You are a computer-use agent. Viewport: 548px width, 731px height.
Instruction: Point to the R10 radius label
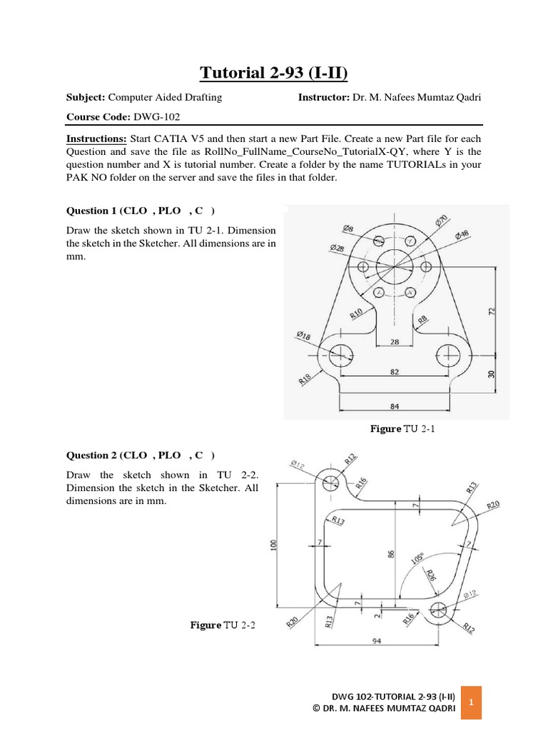point(357,313)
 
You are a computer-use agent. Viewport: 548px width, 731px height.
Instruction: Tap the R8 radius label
point(422,321)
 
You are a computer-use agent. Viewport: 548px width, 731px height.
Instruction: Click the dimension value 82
point(395,371)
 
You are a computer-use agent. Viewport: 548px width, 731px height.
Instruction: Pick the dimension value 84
point(395,405)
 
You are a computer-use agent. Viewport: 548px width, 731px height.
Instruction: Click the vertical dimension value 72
point(492,311)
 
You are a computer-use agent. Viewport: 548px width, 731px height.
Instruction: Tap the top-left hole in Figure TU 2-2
point(330,482)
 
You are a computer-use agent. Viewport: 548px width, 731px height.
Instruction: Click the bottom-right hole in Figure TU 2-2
point(438,609)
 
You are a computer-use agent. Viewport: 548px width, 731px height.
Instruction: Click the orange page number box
point(472,703)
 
